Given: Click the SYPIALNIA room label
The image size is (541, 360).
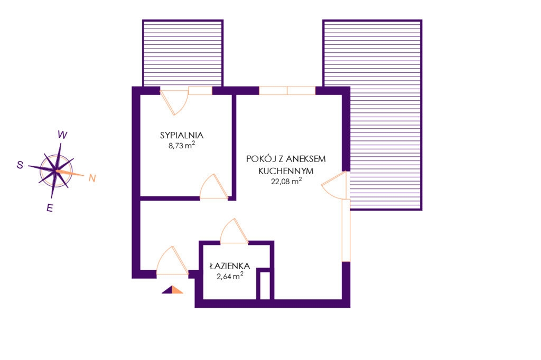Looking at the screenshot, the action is (182, 135).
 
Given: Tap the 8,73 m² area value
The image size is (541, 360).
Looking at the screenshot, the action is (182, 145).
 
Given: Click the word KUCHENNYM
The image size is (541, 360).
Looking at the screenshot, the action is (286, 170).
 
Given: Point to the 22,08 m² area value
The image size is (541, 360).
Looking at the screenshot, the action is (286, 181).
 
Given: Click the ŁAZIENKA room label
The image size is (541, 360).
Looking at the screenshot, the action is (230, 266).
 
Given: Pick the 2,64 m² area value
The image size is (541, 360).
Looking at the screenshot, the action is (230, 276).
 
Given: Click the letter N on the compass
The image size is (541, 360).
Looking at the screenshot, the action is (92, 178).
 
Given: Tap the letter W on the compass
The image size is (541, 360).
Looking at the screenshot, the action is (62, 135).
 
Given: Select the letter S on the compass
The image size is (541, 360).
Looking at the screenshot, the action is (20, 165).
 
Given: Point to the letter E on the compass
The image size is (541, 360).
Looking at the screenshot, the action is (50, 208).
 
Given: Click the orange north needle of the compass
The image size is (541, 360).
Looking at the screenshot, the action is (70, 173).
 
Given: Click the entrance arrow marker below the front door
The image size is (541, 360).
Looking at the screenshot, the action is (173, 290).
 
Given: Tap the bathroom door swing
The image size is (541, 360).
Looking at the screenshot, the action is (234, 231).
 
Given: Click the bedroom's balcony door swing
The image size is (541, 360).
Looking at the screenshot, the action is (174, 102).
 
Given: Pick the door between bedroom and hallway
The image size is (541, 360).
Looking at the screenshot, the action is (214, 186).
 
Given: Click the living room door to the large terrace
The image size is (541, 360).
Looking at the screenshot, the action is (334, 185).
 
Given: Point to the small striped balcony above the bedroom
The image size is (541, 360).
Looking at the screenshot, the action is (183, 53).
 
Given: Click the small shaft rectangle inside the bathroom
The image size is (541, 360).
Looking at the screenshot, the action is (265, 286).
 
